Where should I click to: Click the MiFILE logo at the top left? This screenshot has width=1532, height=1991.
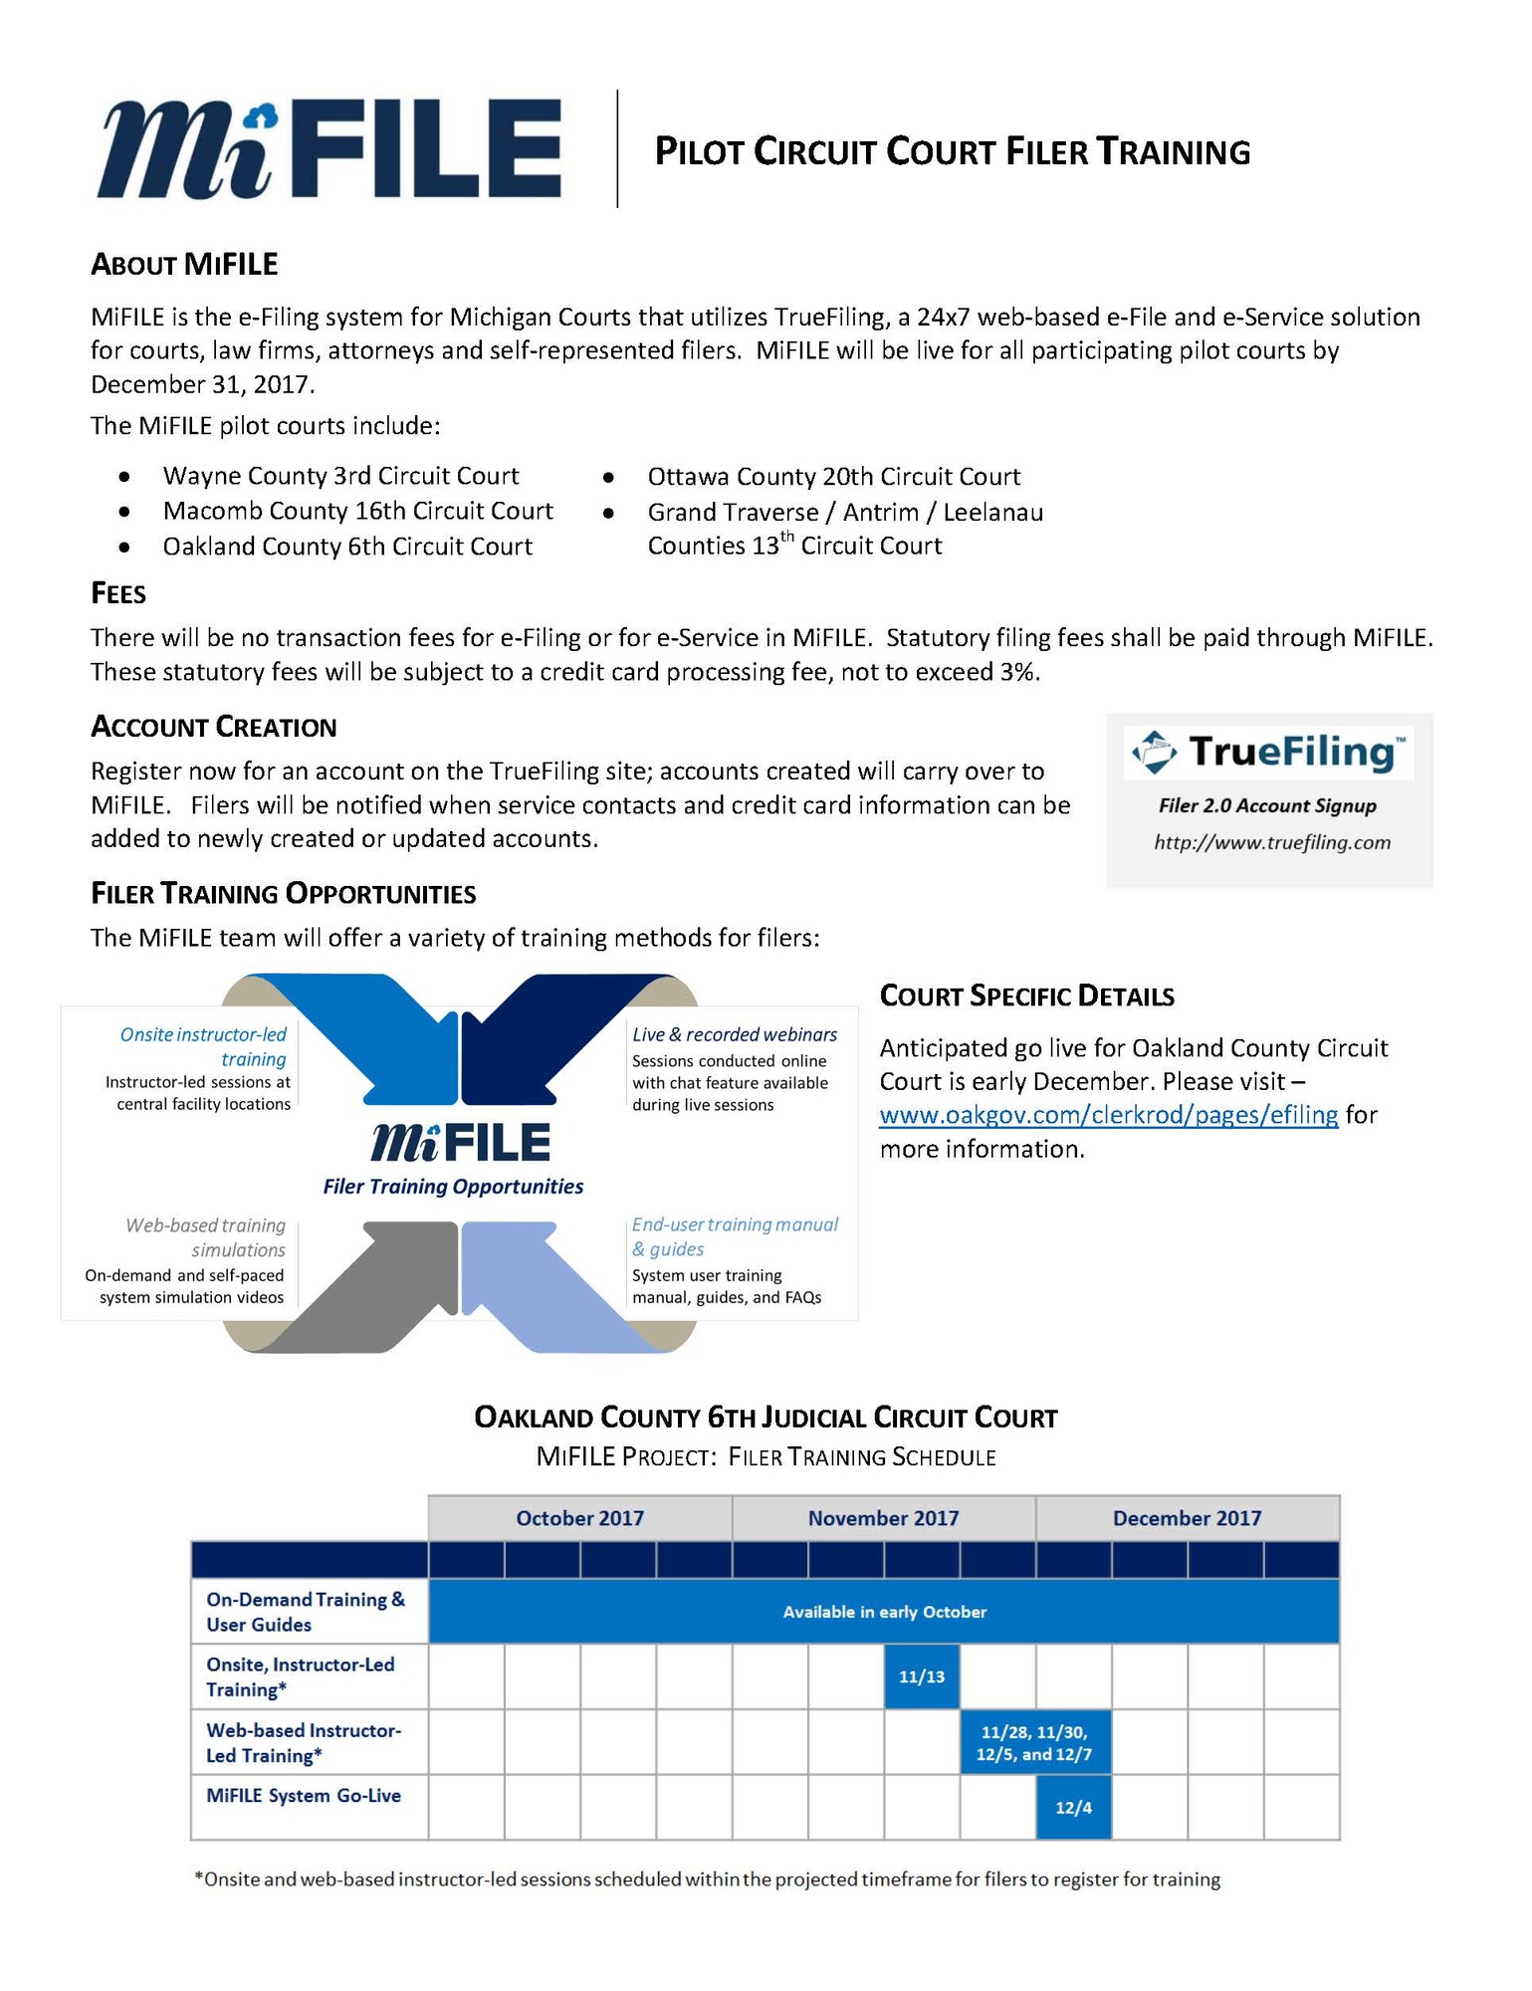pos(328,149)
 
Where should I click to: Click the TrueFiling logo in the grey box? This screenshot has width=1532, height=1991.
pos(1268,753)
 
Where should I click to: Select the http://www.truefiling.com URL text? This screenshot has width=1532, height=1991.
pos(1272,843)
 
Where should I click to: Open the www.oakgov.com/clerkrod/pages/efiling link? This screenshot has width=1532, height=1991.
pos(1108,1115)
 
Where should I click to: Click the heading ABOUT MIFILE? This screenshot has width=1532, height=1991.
pos(184,265)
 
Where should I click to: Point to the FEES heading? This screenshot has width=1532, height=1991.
pos(118,594)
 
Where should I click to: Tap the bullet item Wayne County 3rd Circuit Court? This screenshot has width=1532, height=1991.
pos(340,476)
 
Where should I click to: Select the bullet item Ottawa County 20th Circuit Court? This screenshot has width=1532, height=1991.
pos(833,477)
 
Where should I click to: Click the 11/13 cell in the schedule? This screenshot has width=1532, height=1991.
pos(922,1676)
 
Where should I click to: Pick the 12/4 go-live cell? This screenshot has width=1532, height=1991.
pos(1073,1807)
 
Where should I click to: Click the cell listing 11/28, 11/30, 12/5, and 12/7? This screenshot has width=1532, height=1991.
pos(1034,1742)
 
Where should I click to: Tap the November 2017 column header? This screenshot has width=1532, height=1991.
pos(883,1518)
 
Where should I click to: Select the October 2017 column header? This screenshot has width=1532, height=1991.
pos(579,1518)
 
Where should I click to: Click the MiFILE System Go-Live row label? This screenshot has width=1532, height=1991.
pos(304,1796)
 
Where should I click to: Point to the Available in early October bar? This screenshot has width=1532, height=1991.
pos(883,1612)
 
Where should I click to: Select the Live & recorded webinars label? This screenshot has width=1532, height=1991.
pos(735,1034)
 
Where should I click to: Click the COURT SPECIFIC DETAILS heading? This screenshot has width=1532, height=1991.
pos(1026,996)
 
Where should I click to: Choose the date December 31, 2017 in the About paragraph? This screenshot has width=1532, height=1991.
pos(201,385)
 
